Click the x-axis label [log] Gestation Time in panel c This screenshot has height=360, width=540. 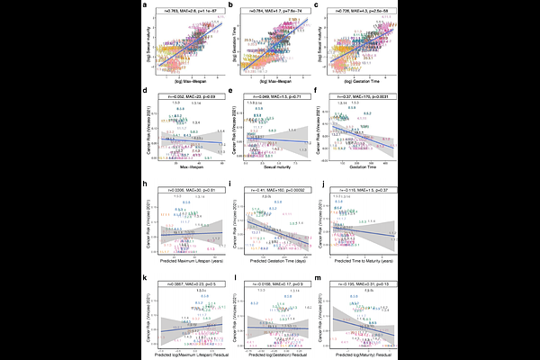pos(354,87)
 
